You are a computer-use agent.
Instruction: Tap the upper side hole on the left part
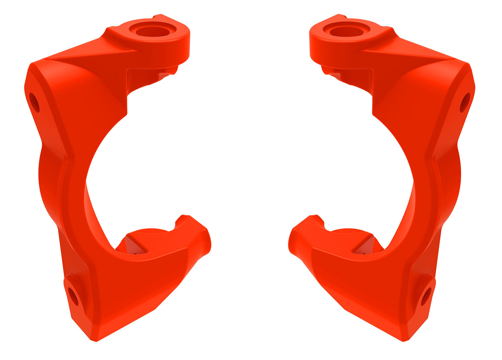[x=34, y=102]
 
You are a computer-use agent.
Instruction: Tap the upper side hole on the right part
[x=465, y=102]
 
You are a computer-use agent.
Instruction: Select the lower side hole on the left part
[x=73, y=296]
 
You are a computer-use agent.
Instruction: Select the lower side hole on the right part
[x=426, y=296]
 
